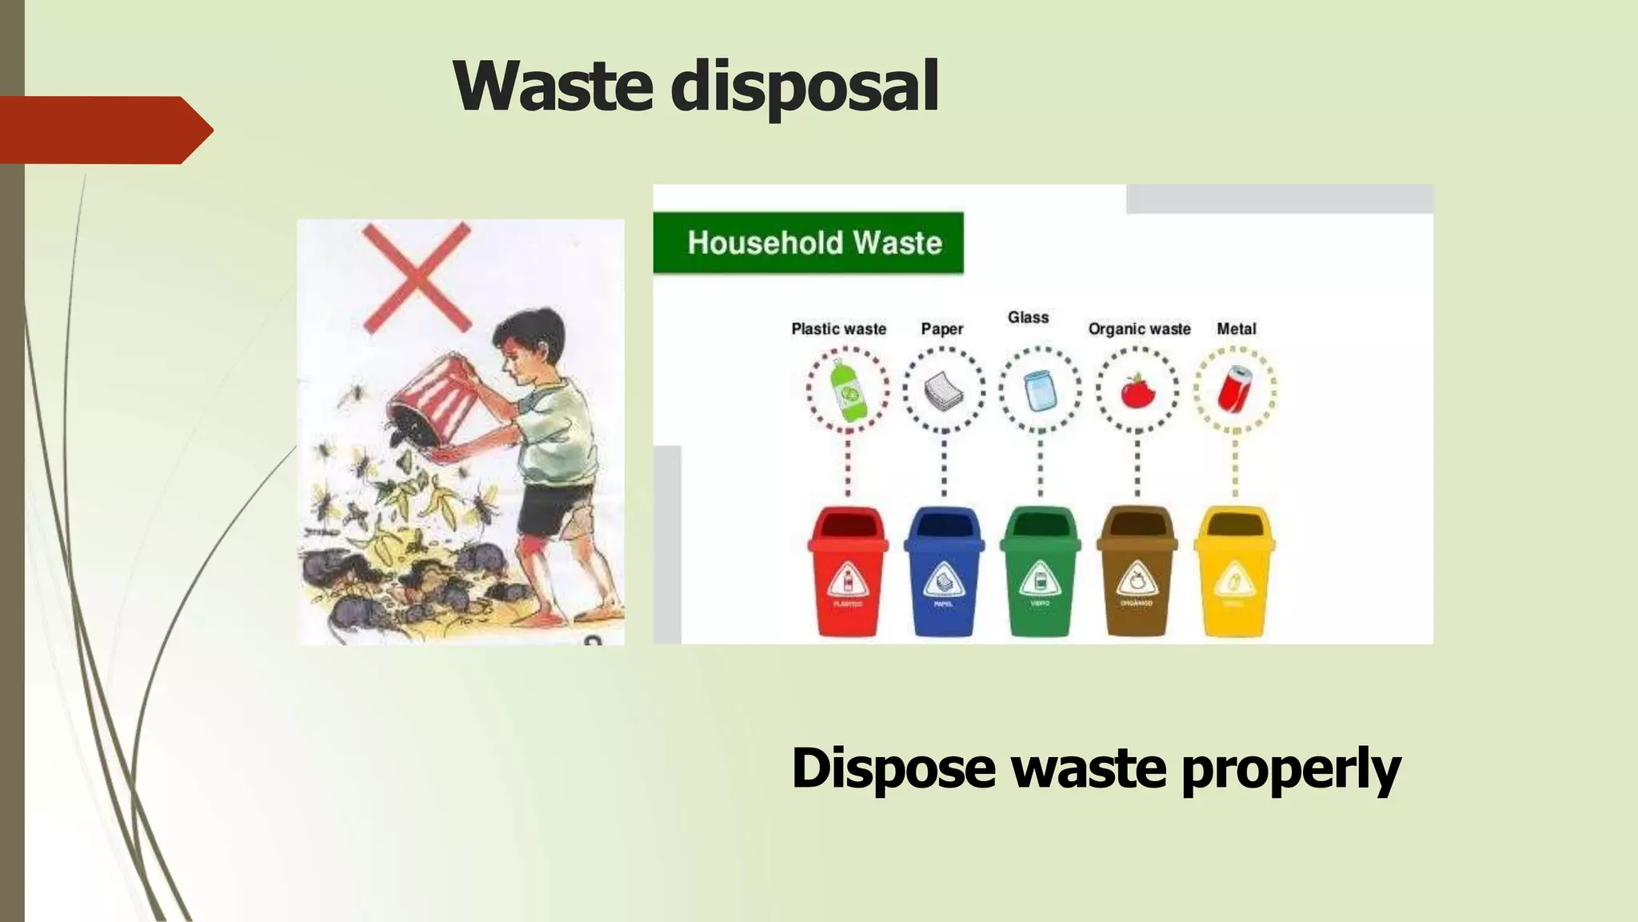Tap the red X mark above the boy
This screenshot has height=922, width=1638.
(x=417, y=277)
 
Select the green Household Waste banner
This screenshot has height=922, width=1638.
(x=809, y=243)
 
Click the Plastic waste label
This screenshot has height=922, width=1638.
(x=838, y=329)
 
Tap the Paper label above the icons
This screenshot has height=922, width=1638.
(x=941, y=329)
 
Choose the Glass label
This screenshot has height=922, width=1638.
(x=1028, y=318)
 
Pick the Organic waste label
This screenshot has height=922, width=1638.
(x=1139, y=329)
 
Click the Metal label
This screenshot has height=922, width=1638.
(x=1236, y=329)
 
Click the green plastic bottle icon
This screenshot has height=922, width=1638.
(x=847, y=391)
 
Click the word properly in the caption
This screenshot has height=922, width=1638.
(x=1290, y=769)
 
